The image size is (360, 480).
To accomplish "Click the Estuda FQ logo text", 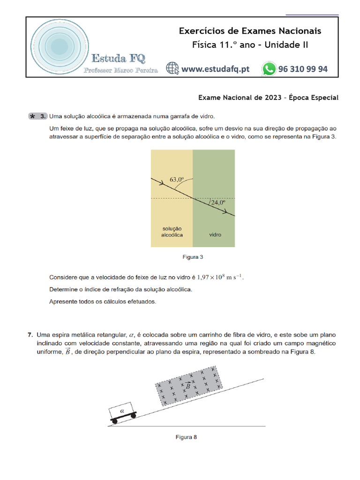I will click(x=118, y=59).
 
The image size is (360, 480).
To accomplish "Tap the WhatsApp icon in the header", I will click(x=269, y=69).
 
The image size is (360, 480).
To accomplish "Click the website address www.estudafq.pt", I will click(x=215, y=69).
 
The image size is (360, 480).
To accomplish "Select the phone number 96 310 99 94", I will click(x=303, y=69).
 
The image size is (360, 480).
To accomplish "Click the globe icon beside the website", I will click(x=172, y=69).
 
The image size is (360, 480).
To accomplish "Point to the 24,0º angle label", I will click(x=217, y=203).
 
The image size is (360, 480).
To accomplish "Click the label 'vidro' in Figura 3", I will click(x=215, y=234).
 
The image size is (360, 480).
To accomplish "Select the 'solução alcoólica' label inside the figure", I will click(x=172, y=231).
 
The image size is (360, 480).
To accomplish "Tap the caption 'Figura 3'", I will click(x=192, y=257).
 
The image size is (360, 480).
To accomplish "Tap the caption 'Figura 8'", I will click(x=186, y=437).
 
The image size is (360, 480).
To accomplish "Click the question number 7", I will click(x=30, y=335).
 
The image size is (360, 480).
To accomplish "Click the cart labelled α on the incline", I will click(x=123, y=412).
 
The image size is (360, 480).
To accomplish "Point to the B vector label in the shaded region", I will click(x=187, y=386).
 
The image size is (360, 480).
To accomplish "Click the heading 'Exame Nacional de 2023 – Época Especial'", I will click(x=268, y=97).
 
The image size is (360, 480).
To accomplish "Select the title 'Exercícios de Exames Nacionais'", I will click(x=250, y=31).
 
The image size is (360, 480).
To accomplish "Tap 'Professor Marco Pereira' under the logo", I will click(x=120, y=70).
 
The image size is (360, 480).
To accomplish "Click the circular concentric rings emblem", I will click(x=59, y=46).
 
